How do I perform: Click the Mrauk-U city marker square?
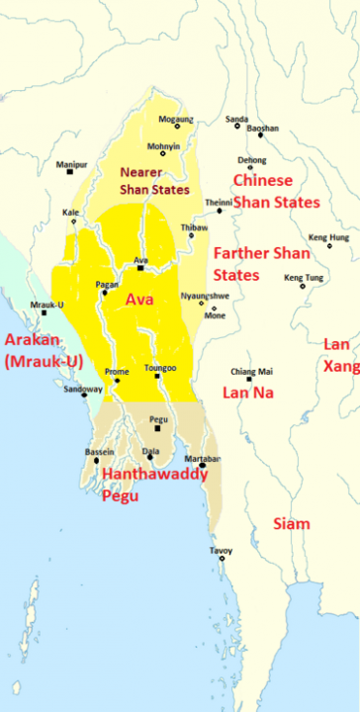point(44,313)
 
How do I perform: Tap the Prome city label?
point(117,372)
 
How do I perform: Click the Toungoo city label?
point(159,367)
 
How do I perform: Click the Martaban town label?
point(204,458)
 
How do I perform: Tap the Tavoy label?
point(222,550)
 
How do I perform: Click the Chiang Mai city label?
point(248,371)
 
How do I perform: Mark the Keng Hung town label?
point(328,236)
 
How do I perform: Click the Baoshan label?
point(262,129)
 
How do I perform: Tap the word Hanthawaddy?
point(155,476)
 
